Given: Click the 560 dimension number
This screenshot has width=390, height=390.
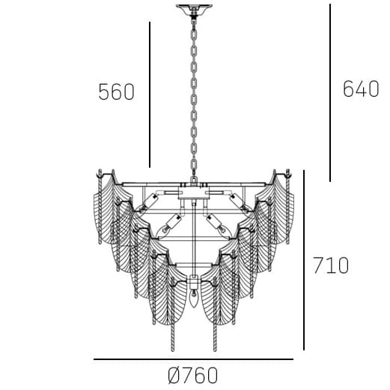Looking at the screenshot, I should (116, 92).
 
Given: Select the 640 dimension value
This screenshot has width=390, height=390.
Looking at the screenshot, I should (361, 89).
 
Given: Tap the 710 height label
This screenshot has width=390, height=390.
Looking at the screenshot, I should (331, 266).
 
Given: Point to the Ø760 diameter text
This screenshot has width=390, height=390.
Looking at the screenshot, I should (194, 375).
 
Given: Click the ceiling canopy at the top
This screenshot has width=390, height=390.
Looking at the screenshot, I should (194, 10).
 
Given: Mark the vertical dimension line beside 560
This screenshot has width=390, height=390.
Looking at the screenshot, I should (150, 94).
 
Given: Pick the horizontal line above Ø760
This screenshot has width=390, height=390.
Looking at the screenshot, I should (194, 360).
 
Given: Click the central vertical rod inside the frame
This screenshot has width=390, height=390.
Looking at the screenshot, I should (194, 240).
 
